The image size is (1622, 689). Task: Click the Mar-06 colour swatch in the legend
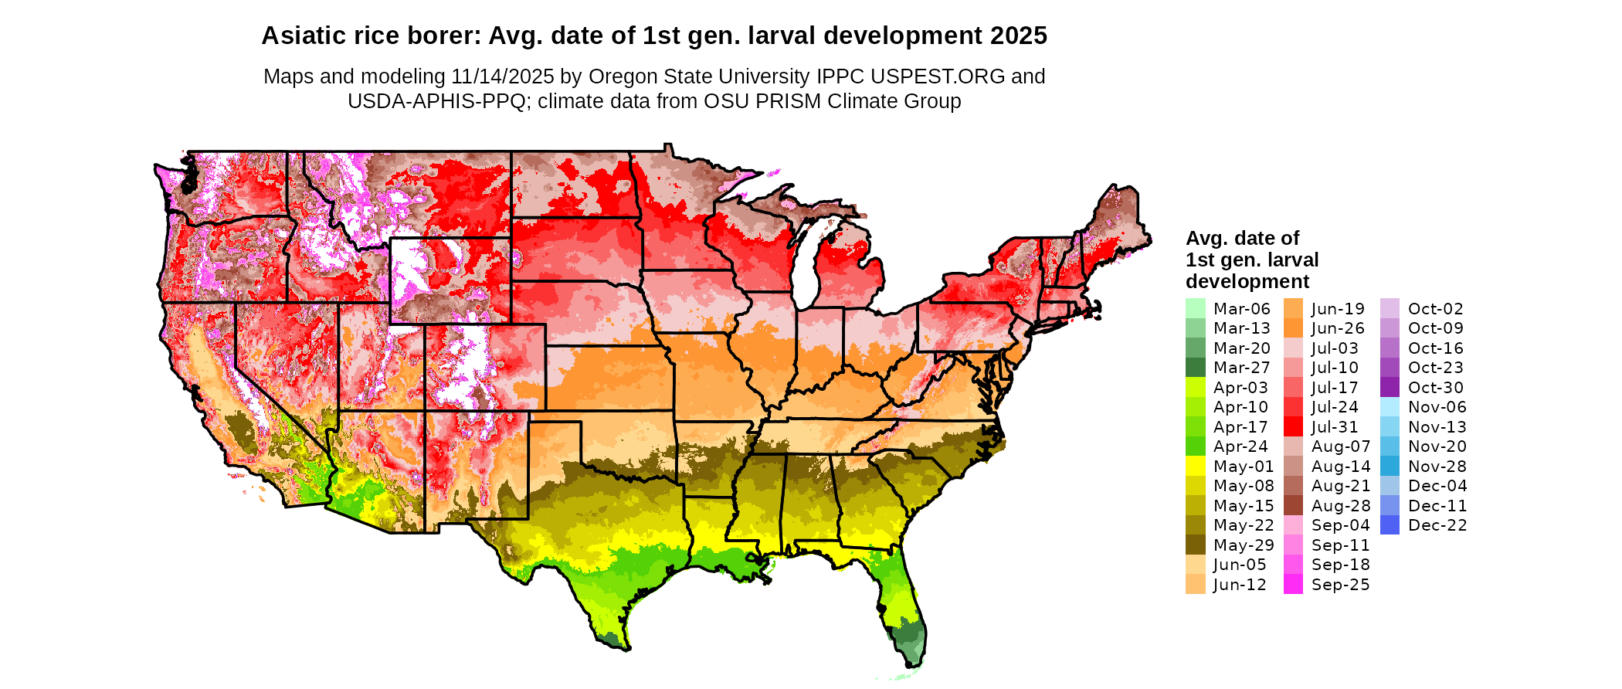tap(1195, 308)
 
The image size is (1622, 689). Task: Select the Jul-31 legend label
tap(1335, 427)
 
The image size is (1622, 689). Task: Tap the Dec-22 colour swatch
tap(1390, 525)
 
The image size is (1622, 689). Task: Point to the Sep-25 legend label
tap(1340, 585)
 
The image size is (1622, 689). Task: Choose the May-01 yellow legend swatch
tap(1195, 467)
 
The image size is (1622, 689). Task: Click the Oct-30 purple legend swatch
tap(1390, 388)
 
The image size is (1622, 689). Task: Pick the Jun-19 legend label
tap(1338, 309)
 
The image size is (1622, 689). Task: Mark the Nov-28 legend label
tap(1437, 467)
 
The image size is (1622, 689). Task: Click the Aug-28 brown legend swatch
tap(1293, 506)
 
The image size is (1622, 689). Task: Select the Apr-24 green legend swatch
tap(1195, 446)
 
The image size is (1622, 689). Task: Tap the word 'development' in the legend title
tap(1247, 281)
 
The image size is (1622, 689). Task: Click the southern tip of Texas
tap(623, 648)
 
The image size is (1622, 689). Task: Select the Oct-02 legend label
tap(1435, 309)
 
